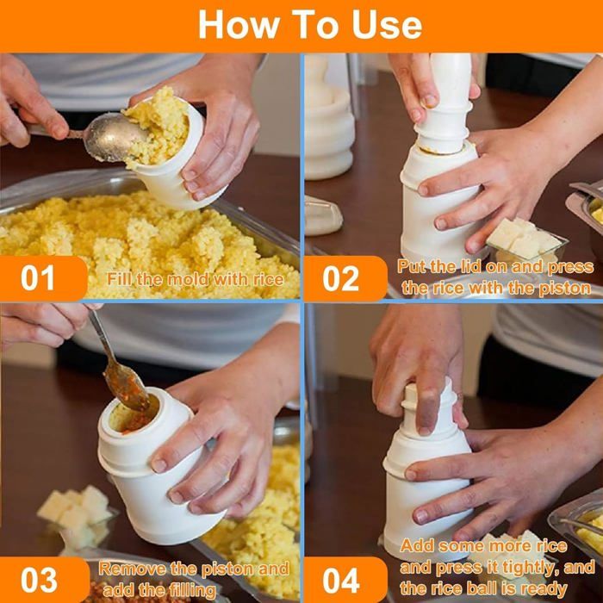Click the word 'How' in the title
[x=239, y=25]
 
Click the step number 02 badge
[x=345, y=278]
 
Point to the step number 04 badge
[x=345, y=580]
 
